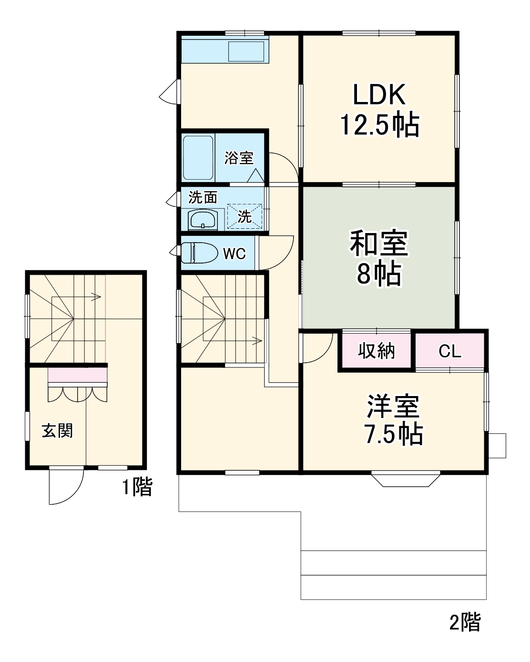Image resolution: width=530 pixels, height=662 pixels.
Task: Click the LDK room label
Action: pos(379,94)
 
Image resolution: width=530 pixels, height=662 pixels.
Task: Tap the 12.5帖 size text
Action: pos(379,125)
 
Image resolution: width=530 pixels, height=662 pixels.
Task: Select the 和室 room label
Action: pos(379,243)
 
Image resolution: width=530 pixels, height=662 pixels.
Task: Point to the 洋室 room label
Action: pos(393,406)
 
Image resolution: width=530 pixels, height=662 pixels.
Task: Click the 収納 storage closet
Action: pos(377,351)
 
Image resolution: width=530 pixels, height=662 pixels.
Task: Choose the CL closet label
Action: pos(450,352)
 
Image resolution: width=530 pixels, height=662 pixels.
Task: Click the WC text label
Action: pos(234,254)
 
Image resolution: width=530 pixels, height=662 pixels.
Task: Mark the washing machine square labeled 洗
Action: pos(245,216)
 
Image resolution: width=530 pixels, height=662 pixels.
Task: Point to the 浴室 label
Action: pos(239,158)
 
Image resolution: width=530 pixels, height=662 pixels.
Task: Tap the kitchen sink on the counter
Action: pos(246,51)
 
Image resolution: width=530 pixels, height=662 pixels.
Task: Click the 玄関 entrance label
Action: pos(57,431)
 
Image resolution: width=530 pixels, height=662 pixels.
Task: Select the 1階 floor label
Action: pos(137,487)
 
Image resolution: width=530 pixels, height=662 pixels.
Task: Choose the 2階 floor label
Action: pos(465,622)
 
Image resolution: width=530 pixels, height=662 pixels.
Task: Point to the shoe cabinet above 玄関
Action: pos(78,376)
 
